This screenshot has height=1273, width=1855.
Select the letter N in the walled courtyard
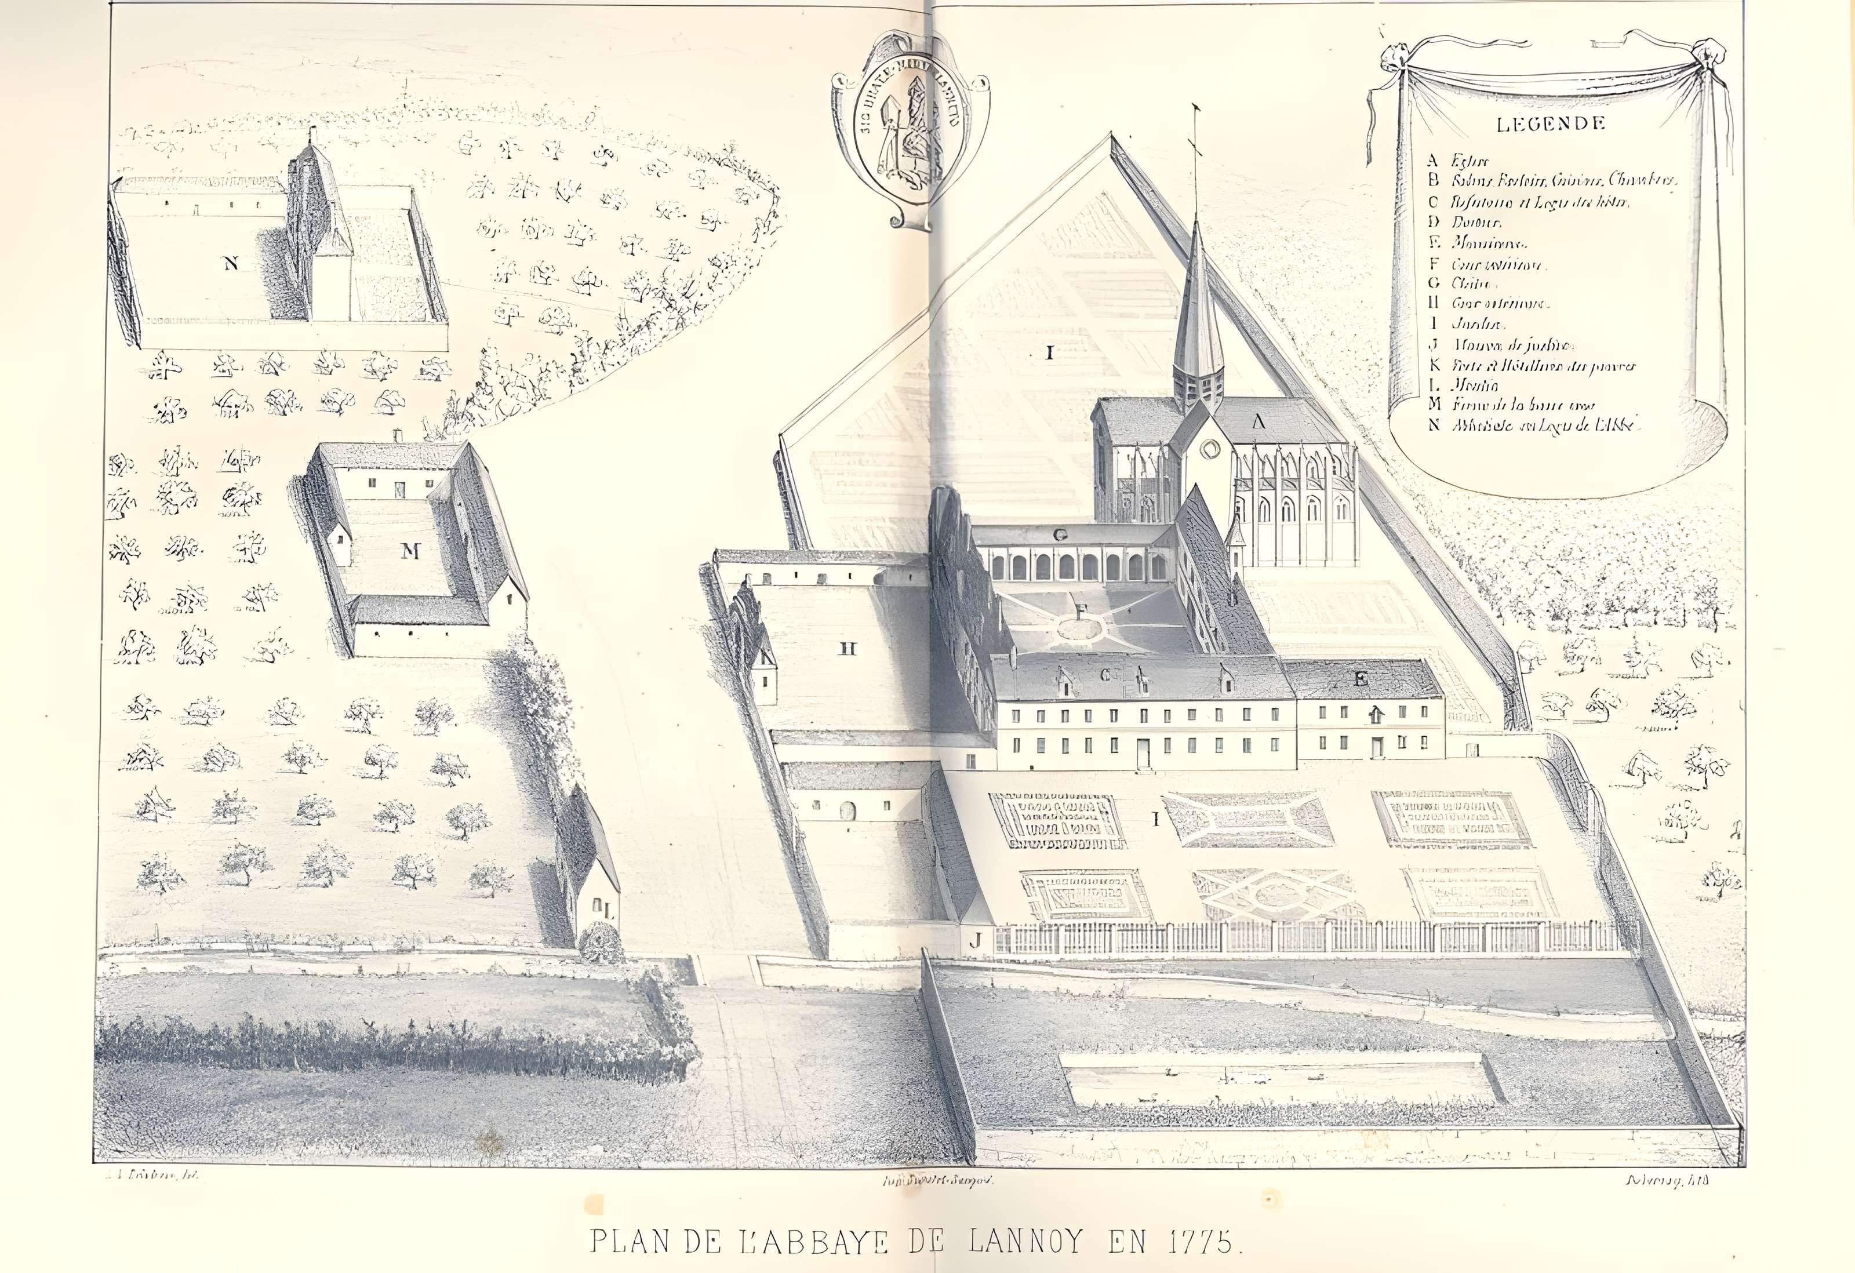pos(231,265)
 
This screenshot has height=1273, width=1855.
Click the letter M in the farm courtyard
pos(411,550)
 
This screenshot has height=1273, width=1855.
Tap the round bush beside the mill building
pos(600,944)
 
